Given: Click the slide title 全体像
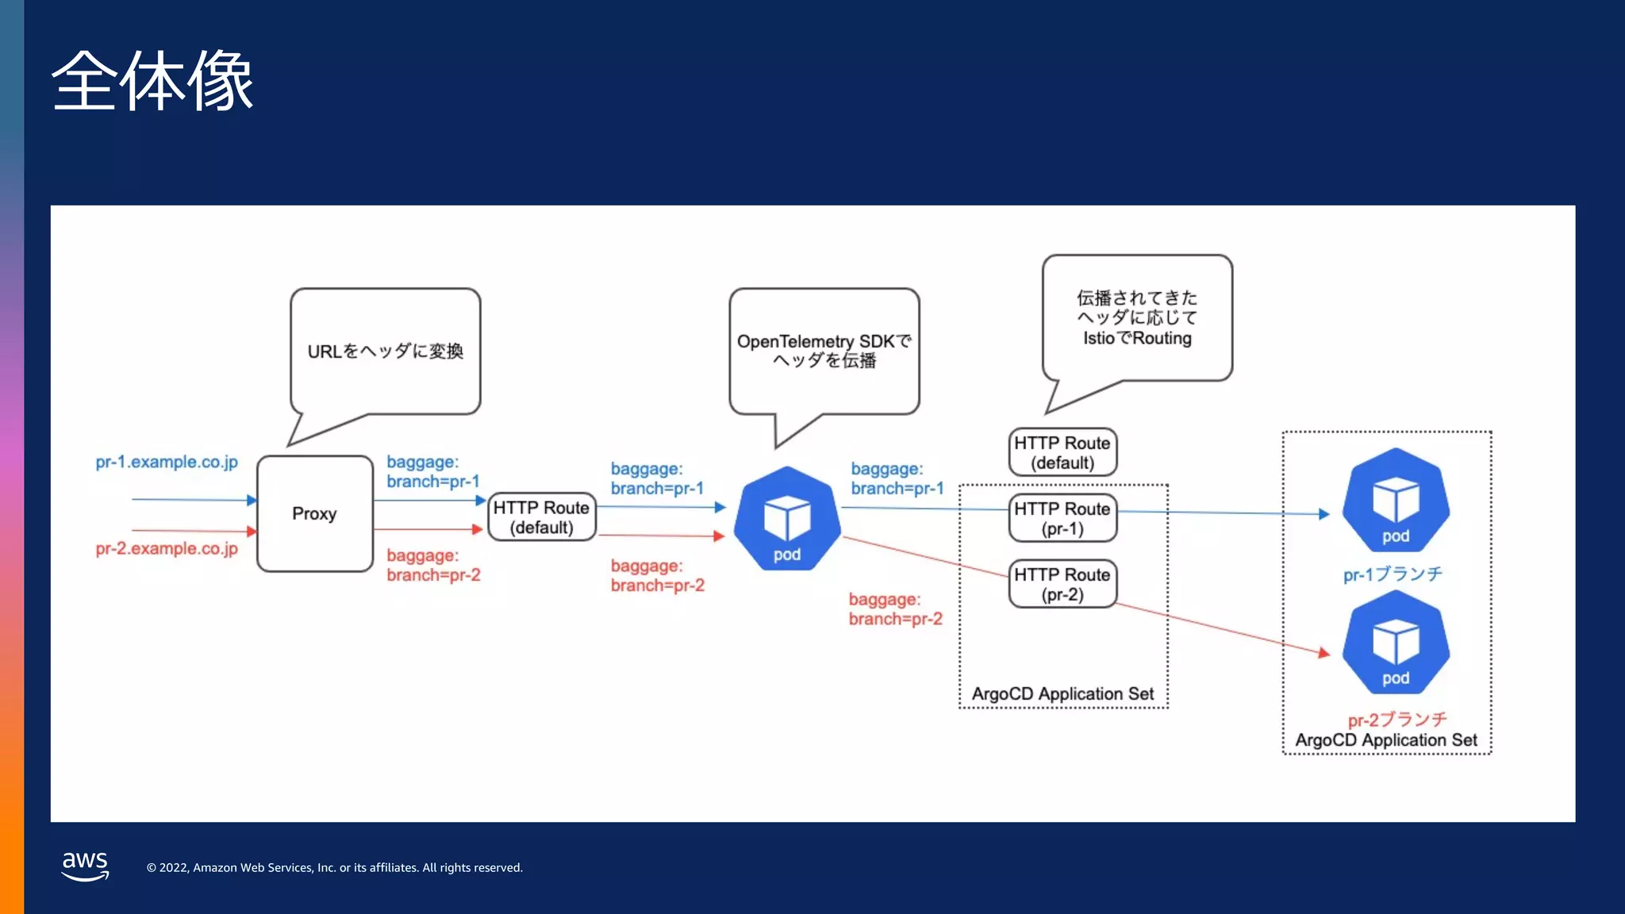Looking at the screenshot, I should pos(152,81).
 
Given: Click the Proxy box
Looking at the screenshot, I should pos(315,513).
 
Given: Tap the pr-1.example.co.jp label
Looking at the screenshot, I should pos(167,462).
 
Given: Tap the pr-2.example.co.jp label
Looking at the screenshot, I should pos(167,548).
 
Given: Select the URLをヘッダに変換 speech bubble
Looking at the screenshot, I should pos(386,351).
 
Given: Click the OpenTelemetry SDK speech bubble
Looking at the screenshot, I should pos(824,351).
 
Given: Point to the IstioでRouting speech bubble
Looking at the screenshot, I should pos(1137,318).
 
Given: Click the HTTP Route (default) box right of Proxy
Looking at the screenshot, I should pos(542,517).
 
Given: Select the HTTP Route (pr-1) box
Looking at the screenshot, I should pos(1062,518).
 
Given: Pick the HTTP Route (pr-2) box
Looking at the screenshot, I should pos(1062,584).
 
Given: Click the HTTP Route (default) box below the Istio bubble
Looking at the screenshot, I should pos(1062,452).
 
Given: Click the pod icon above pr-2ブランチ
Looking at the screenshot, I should pos(1396,643).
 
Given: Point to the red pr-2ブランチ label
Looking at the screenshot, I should pos(1397,719).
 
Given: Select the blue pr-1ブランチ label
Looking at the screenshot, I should pos(1393,574).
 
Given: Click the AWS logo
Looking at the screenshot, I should pos(85,866).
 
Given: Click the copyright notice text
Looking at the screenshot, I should pos(334,868).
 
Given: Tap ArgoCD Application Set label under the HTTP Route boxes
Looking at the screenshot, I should pos(1062,693).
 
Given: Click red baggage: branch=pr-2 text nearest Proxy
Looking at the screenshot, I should pos(433,565).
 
